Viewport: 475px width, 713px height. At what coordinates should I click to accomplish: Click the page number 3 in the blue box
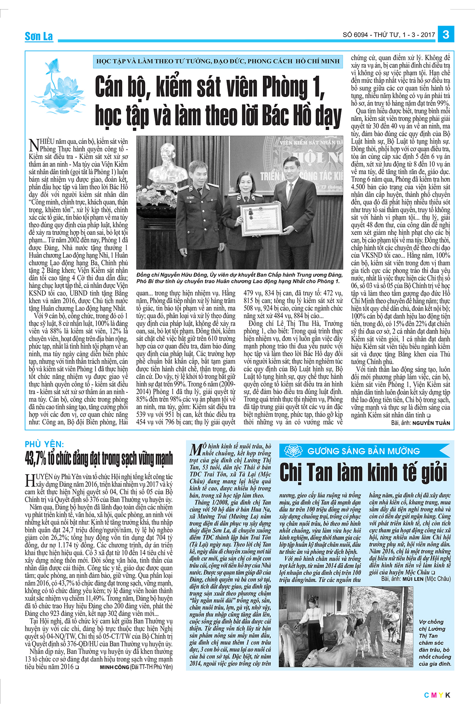click(x=446, y=34)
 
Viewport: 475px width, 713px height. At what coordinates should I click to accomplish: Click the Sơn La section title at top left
click(x=39, y=36)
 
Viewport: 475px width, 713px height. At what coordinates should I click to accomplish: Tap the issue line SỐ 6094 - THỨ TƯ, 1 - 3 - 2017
click(x=389, y=35)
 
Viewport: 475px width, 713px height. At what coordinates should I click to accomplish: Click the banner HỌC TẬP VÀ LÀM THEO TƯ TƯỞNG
click(x=218, y=61)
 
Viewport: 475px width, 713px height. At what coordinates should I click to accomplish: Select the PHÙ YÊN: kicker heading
click(x=44, y=444)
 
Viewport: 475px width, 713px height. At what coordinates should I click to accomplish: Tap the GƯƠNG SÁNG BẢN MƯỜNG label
click(x=363, y=451)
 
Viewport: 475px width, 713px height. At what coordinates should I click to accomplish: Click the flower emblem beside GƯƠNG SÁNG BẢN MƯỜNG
click(x=293, y=451)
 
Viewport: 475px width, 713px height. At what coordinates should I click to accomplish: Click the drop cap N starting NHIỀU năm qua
click(x=34, y=145)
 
